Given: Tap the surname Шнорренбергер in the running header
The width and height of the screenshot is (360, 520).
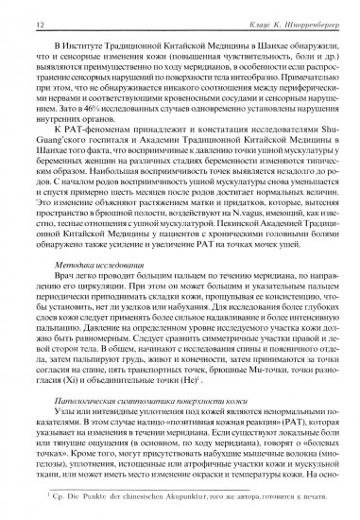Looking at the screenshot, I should [x=301, y=11].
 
